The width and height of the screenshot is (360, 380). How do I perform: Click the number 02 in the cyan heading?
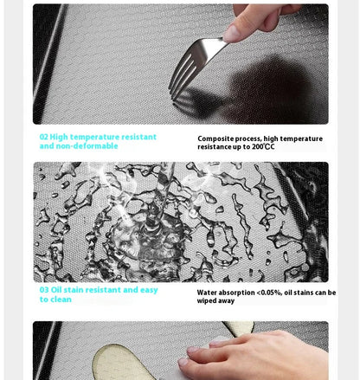pos(44,137)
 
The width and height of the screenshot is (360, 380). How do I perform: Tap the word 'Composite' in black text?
pos(212,139)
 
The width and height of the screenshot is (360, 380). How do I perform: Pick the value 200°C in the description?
pos(263,146)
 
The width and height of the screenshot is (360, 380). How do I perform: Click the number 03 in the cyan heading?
pos(44,290)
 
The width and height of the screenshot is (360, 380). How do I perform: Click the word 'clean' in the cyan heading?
pos(61,299)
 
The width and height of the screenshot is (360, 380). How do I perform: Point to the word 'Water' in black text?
pos(207,293)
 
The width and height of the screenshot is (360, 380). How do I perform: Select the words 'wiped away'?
pos(215,300)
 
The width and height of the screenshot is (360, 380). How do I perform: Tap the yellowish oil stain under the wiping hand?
pos(124,363)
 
